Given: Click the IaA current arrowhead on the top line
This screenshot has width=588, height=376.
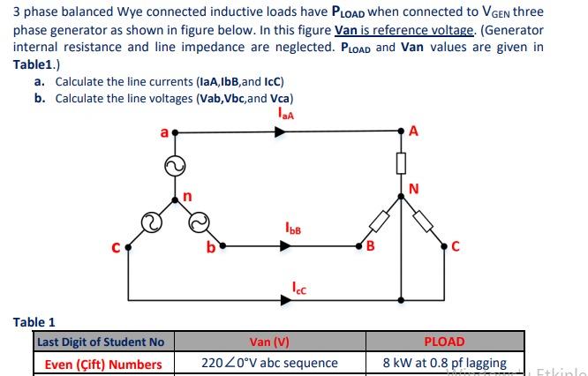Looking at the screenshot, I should [280, 132].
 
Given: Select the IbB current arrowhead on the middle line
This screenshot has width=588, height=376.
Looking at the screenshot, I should [283, 247].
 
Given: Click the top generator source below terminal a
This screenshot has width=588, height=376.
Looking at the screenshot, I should [175, 166].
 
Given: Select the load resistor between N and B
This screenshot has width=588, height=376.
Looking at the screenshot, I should [380, 221].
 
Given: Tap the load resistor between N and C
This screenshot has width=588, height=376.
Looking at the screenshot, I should [424, 221].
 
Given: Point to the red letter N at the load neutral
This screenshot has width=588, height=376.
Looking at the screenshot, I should [414, 187].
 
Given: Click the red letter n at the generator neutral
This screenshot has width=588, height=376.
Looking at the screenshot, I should [187, 196].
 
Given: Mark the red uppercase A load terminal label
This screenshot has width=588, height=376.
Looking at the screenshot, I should [414, 132].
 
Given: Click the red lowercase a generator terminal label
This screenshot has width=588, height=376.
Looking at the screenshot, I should [163, 132].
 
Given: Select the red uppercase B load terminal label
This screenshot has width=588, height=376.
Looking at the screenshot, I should [370, 246].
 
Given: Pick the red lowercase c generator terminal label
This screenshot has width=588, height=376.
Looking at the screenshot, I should [116, 248].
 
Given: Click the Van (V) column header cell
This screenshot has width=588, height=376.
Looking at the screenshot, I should [269, 342].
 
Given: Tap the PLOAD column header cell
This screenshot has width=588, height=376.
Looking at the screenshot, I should [444, 342].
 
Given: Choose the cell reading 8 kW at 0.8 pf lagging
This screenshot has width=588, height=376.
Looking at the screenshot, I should [444, 363].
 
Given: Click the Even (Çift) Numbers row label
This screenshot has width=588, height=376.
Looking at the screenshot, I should [103, 364].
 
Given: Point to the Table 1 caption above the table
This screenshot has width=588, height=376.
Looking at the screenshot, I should [34, 322].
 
